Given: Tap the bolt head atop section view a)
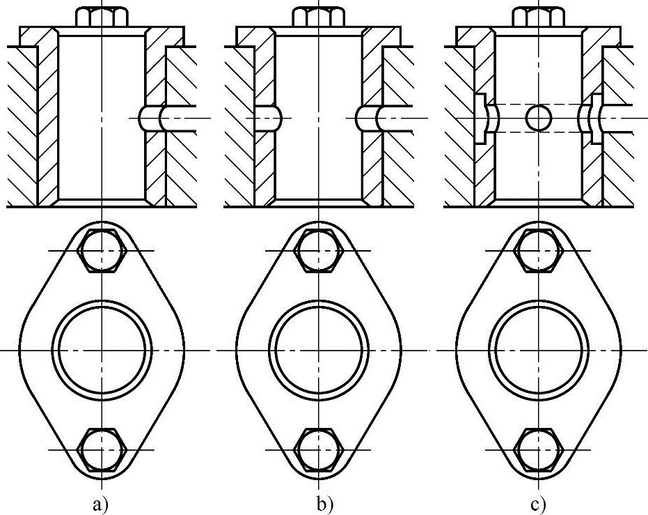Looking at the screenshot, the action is pos(102,16).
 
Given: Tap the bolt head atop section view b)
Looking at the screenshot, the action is pos(319,16).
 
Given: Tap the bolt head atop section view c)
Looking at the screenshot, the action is pos(537,16).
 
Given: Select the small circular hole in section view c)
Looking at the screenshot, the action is pos(537,118).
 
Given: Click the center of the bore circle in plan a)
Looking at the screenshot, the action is pos(102,349).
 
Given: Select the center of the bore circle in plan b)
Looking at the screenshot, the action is pos(319,349).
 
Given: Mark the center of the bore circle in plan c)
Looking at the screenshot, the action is pos(537,349).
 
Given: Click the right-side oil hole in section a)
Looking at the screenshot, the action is pos(150,118).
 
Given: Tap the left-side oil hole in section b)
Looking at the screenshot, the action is pos(267,118).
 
